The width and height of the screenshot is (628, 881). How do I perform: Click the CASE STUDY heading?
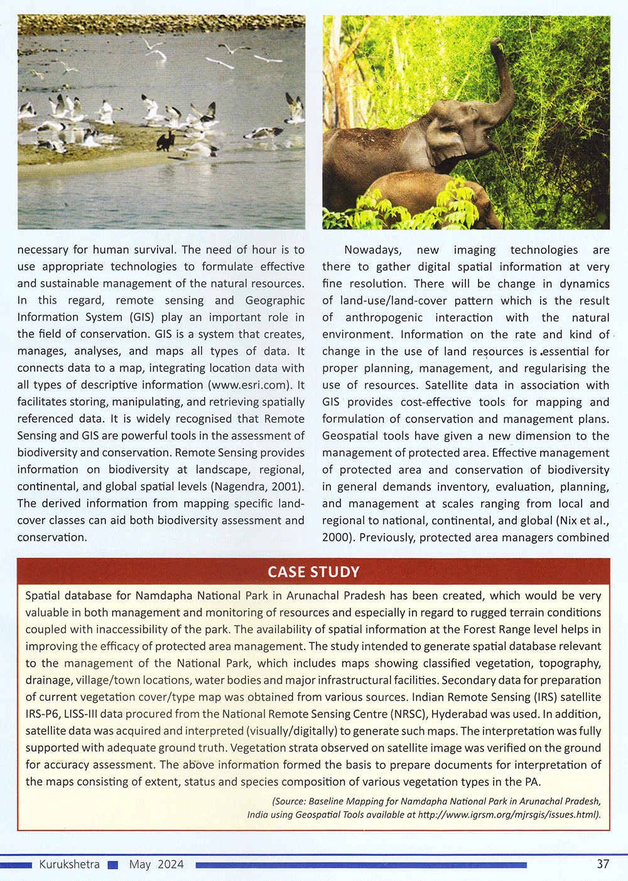point(313,572)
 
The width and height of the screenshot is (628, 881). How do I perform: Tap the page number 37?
point(603,864)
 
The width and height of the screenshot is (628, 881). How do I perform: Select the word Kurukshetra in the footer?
point(69,864)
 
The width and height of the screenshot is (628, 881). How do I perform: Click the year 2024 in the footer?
point(171,864)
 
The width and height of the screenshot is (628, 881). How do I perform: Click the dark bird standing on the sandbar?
point(166,141)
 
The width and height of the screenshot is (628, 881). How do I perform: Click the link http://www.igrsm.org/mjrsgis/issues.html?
point(509,814)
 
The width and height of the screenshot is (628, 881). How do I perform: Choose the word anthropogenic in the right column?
point(384,318)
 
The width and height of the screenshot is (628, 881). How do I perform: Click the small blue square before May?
point(113,865)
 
